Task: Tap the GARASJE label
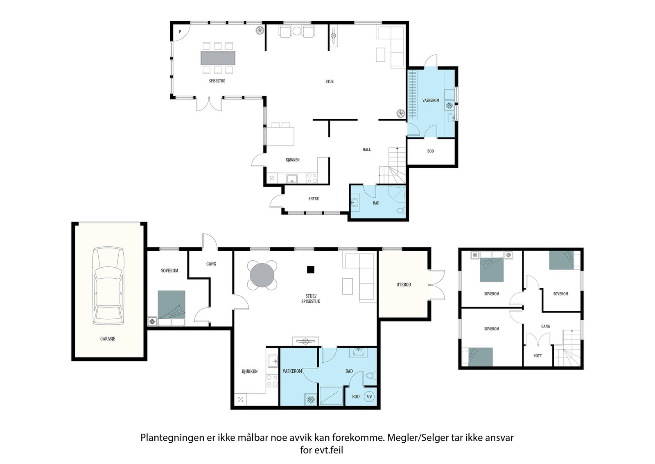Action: tap(108, 339)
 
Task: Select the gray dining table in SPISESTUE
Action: tap(218, 58)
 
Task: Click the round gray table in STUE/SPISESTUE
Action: tap(262, 275)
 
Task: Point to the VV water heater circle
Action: tap(369, 397)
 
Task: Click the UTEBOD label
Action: tap(404, 284)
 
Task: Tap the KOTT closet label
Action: tap(538, 356)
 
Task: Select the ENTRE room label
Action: tap(314, 198)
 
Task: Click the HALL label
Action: tap(367, 150)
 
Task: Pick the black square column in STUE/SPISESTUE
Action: tap(311, 270)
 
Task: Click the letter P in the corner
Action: tap(180, 32)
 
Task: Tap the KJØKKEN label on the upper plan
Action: tap(292, 160)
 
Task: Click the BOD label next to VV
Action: tap(356, 397)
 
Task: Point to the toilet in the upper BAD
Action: tap(401, 210)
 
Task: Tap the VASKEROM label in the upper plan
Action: tap(430, 100)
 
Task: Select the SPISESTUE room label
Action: tap(217, 81)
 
